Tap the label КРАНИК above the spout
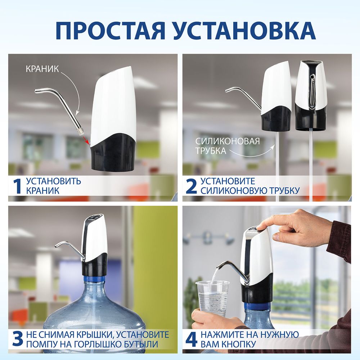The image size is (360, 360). click(42, 69)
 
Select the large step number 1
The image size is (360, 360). click(17, 186)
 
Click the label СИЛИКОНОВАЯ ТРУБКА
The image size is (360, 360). click(227, 145)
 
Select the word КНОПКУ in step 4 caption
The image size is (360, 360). click(239, 344)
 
